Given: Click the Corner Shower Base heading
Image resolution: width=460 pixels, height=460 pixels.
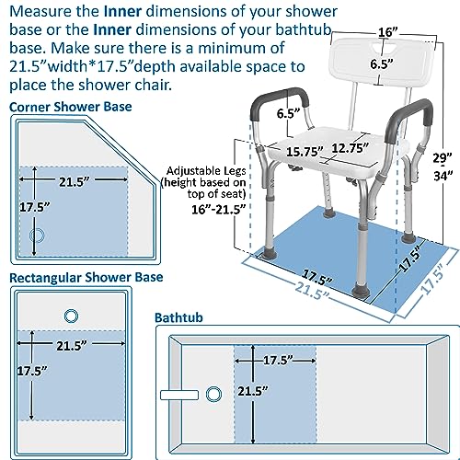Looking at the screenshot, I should click(71, 107).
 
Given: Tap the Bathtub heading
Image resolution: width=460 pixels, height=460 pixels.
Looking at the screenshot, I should click(180, 316).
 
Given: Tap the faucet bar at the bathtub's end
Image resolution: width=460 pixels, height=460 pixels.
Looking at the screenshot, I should click(180, 395).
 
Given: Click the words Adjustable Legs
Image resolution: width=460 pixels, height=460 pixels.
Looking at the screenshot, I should click(208, 169).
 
